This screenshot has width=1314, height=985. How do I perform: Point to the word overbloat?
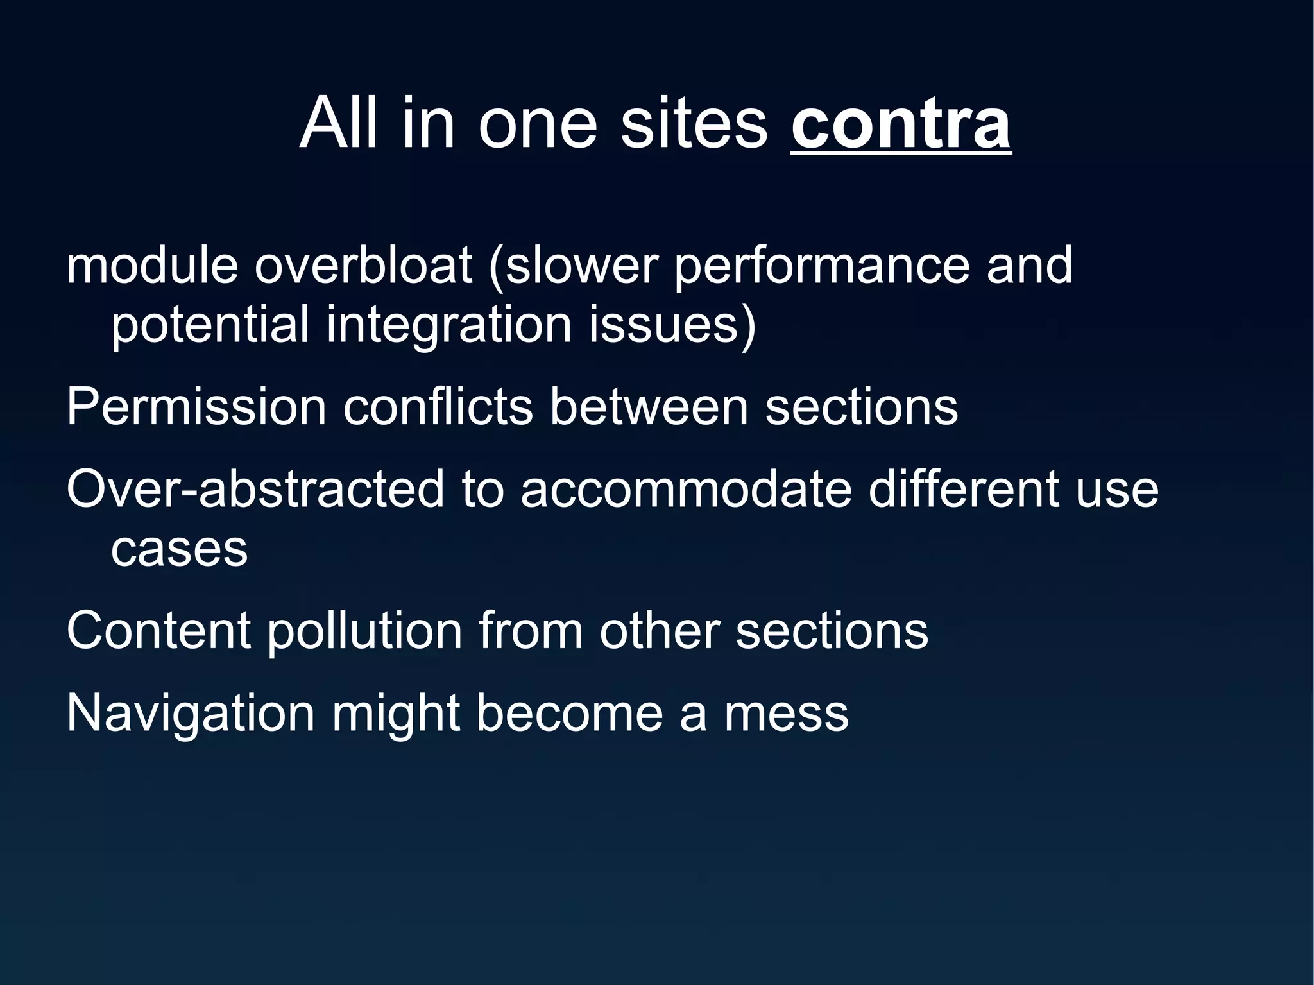coord(363,265)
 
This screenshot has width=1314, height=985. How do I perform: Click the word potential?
coord(210,324)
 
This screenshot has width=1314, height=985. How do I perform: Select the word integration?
coord(449,324)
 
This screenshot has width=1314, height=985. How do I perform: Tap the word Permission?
coord(196,406)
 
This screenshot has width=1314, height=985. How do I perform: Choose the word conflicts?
coord(438,406)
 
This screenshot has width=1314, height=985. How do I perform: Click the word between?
coord(649,406)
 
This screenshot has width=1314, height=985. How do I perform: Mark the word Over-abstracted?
coord(255,489)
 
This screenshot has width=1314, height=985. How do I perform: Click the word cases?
coord(179,549)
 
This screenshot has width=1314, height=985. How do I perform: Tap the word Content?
coord(158,630)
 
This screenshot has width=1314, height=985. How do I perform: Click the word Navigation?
coord(191,713)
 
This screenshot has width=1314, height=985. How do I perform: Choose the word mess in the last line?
coord(786,713)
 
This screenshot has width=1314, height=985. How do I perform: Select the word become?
coord(569,713)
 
